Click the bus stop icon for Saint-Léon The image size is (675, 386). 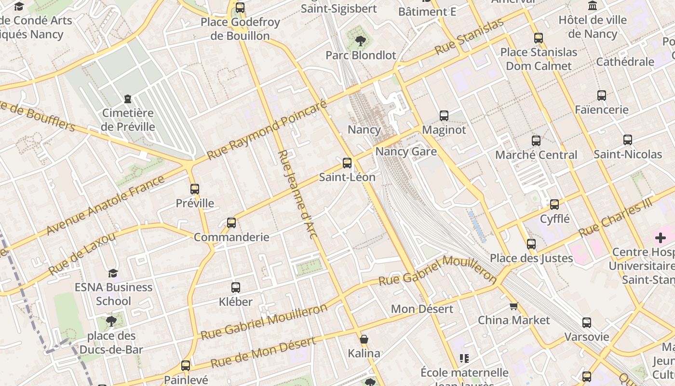[x=347, y=163]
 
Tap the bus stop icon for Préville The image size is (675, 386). [x=195, y=189]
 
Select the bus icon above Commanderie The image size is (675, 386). [x=231, y=223]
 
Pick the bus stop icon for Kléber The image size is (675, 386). [x=236, y=288]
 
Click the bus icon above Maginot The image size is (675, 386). [x=444, y=116]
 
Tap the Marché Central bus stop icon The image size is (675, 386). [x=536, y=141]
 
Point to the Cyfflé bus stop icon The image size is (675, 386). [x=554, y=205]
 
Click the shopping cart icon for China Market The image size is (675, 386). [x=514, y=306]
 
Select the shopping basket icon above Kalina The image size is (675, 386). [x=364, y=339]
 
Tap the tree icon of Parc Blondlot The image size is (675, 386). [x=360, y=41]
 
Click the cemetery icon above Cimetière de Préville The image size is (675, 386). [x=128, y=99]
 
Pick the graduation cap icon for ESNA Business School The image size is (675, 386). [x=113, y=273]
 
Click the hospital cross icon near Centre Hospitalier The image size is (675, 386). [x=660, y=237]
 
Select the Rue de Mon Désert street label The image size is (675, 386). [x=263, y=352]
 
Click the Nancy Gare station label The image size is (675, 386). [x=406, y=152]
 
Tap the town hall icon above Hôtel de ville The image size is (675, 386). [x=593, y=6]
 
